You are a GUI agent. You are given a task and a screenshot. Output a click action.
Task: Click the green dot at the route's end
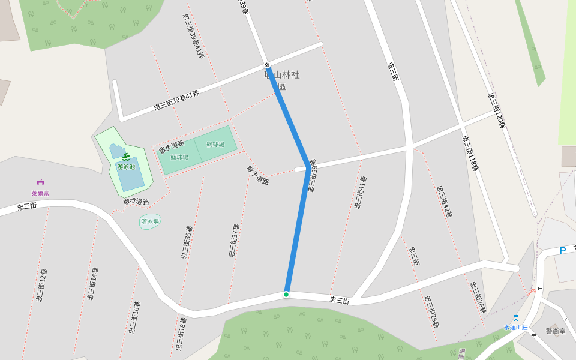click(x=286, y=294)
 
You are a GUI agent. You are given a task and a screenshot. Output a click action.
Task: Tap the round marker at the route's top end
click(x=267, y=65)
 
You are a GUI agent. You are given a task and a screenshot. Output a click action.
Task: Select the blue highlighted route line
click(x=298, y=228)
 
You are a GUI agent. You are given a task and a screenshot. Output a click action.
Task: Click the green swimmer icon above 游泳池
click(x=126, y=157)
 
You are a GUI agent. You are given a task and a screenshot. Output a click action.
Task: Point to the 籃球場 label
click(x=179, y=157)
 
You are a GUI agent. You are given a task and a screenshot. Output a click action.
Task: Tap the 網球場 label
click(x=215, y=145)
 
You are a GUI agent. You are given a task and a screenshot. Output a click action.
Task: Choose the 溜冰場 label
click(x=150, y=221)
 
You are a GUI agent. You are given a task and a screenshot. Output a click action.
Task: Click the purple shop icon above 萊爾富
click(x=41, y=182)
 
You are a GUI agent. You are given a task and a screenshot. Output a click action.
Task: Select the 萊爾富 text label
click(x=41, y=193)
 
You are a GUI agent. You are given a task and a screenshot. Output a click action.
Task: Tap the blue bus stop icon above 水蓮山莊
click(x=515, y=318)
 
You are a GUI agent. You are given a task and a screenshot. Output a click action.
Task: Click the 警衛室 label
click(x=556, y=331)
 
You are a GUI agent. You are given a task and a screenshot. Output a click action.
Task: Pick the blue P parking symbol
click(x=562, y=251)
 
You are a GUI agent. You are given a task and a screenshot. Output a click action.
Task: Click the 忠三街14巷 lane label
click(x=92, y=283)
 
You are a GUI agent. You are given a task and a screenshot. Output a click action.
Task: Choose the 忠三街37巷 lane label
click(x=233, y=241)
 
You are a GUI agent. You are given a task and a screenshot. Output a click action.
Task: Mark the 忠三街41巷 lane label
click(x=359, y=192)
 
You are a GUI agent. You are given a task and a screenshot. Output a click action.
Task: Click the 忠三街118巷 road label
click(x=470, y=153)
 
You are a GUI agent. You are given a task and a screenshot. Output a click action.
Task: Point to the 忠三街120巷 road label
click(x=497, y=110)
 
